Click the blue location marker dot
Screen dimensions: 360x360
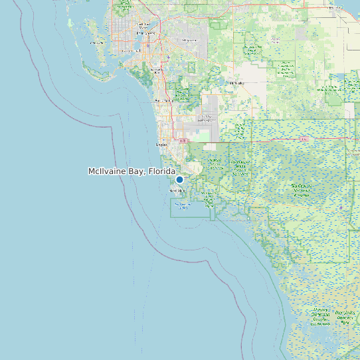coord(179,179)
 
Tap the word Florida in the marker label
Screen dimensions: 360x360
coord(162,171)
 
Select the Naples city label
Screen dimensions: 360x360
coord(161,143)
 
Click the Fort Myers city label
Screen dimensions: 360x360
coord(145,32)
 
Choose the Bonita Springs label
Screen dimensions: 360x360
coord(162,101)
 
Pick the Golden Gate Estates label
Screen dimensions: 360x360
coord(207,119)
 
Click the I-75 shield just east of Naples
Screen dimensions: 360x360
coord(183,141)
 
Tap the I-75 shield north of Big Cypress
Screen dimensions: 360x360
coord(304,139)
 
